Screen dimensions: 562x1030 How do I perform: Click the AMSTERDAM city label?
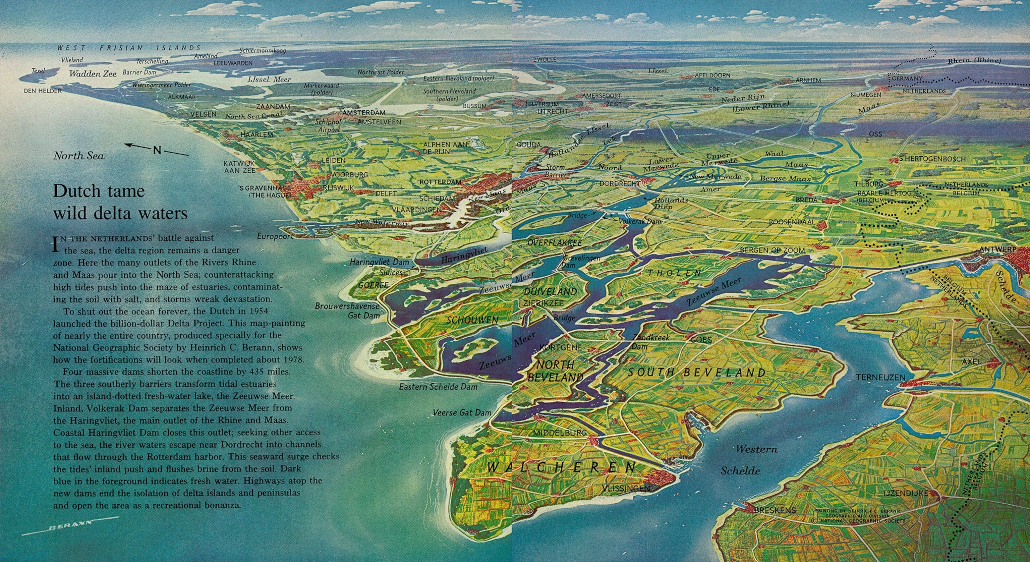point(363,112)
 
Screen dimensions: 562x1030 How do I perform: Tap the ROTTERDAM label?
point(440,182)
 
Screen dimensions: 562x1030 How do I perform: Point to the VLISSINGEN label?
point(626,489)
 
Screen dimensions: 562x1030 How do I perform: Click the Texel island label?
point(38,70)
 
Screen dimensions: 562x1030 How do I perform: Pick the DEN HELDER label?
point(43,91)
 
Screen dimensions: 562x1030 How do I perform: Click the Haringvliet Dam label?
point(380,263)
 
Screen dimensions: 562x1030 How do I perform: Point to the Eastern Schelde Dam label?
point(438,387)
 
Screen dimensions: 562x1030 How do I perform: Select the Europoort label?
point(275,236)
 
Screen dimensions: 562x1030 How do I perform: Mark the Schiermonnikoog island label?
point(263,51)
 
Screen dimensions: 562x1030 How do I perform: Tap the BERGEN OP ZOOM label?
point(772,250)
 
